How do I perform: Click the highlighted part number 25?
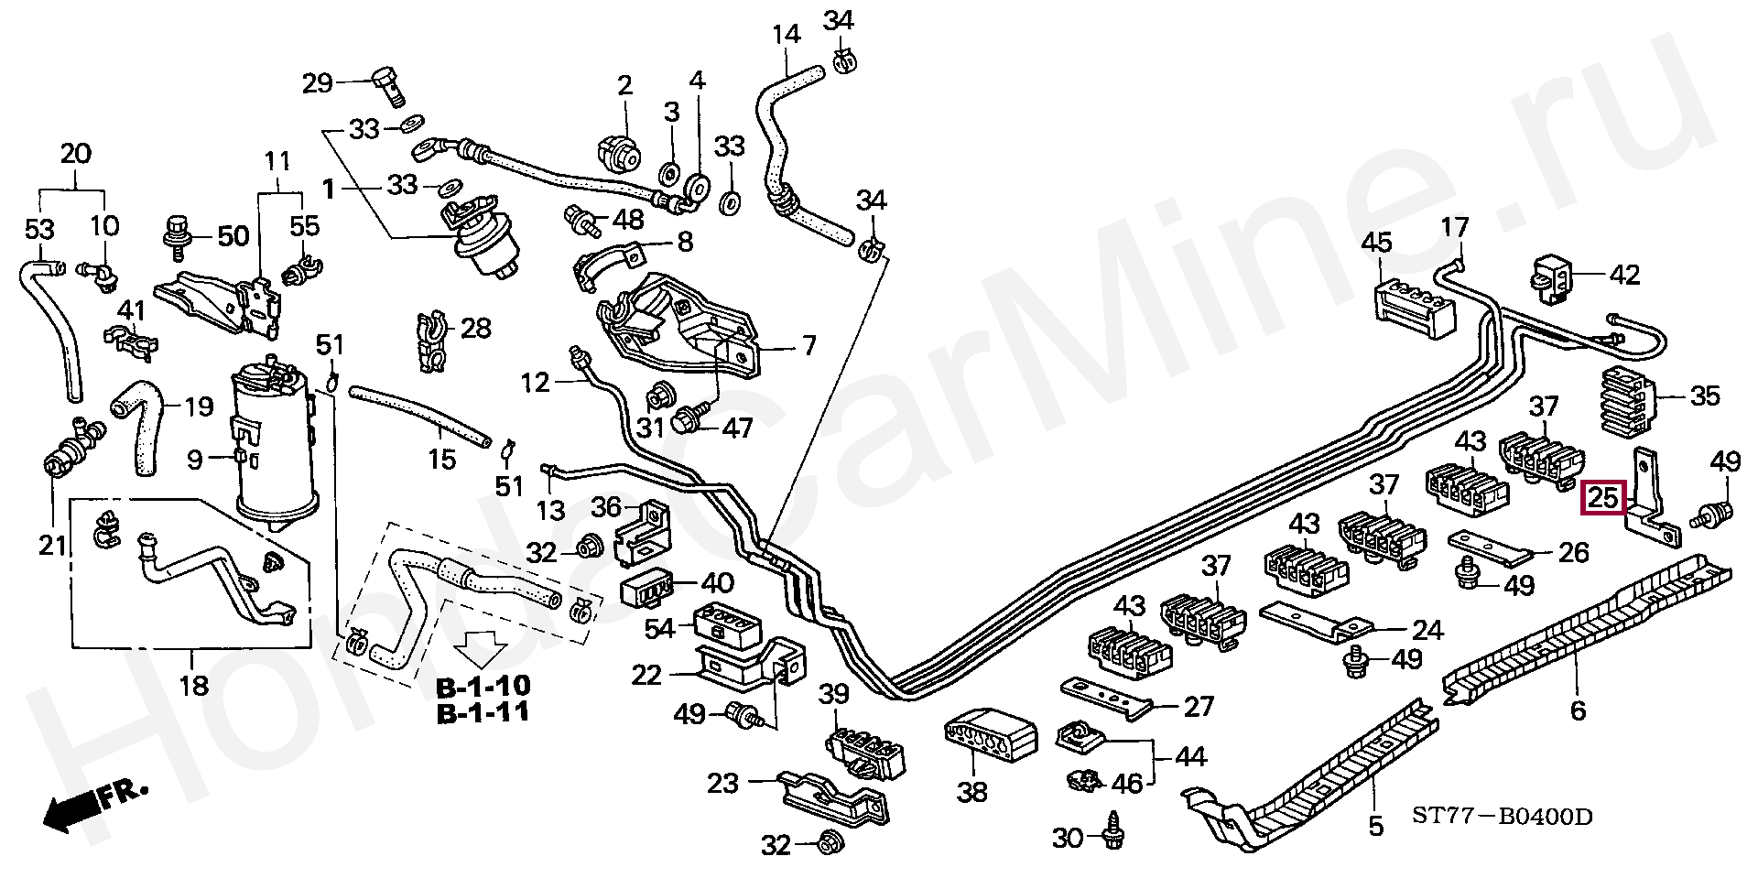point(1603,498)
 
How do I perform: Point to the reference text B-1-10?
point(483,686)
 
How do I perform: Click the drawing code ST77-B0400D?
point(1502,815)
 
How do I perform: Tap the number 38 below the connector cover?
point(971,791)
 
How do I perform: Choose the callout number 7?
point(808,347)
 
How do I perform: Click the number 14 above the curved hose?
point(786,35)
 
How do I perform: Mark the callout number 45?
point(1376,243)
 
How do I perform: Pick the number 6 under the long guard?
point(1577,710)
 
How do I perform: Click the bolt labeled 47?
point(687,422)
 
